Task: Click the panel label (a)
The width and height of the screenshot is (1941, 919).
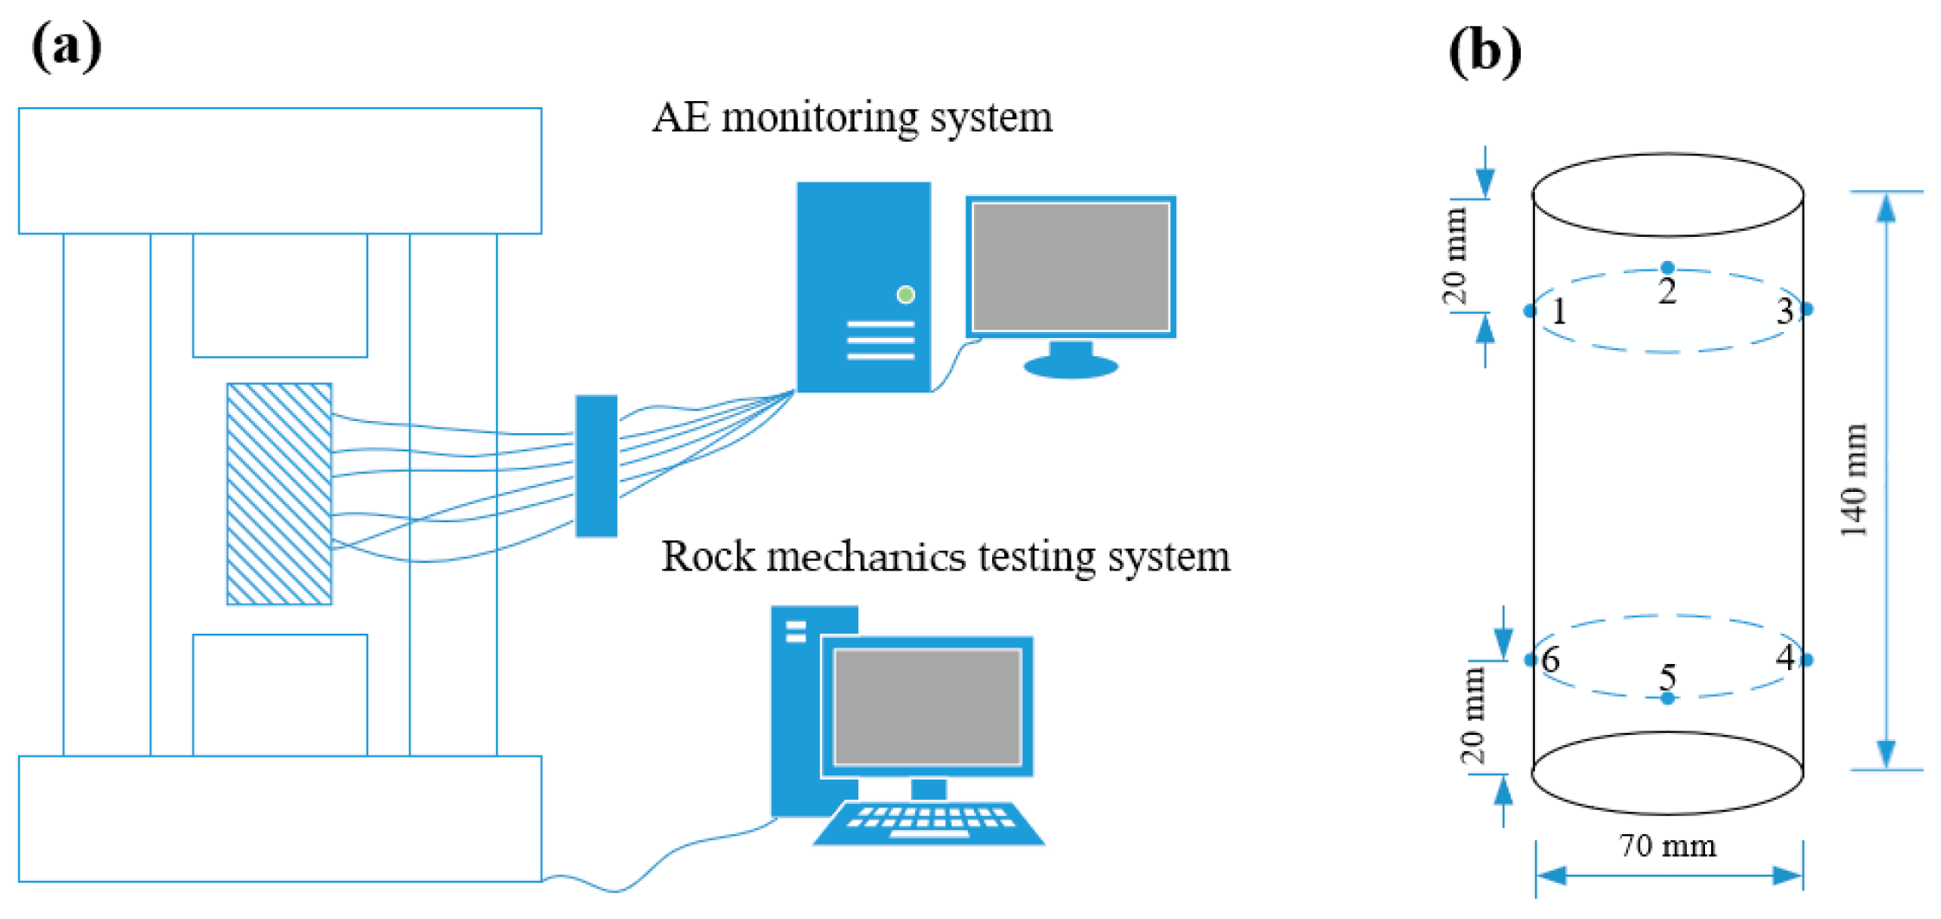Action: tap(66, 46)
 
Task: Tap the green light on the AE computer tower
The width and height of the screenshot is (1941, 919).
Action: tap(905, 295)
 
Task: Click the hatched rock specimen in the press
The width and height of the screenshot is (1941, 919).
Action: tap(279, 494)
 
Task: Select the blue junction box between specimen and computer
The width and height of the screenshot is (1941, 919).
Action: tap(596, 466)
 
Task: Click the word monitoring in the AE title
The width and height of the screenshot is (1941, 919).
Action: tap(819, 118)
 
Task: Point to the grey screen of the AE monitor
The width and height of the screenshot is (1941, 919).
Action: tap(1071, 267)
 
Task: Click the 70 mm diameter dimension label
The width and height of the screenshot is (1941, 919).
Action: tap(1667, 846)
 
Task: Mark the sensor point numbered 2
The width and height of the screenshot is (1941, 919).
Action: tap(1667, 268)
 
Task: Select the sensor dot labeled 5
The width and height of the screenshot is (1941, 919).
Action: tap(1667, 698)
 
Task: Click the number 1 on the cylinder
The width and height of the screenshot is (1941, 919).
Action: tap(1558, 311)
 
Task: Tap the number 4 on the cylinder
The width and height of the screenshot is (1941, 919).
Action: tap(1785, 658)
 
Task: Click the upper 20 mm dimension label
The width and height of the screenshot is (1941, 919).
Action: tap(1454, 255)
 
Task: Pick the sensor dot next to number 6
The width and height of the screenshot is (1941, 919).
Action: tap(1531, 660)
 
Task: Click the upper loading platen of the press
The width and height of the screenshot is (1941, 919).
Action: tap(280, 295)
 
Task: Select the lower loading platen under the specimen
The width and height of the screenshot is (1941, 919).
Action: tap(280, 694)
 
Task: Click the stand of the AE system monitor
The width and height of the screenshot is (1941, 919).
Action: tap(1071, 360)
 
